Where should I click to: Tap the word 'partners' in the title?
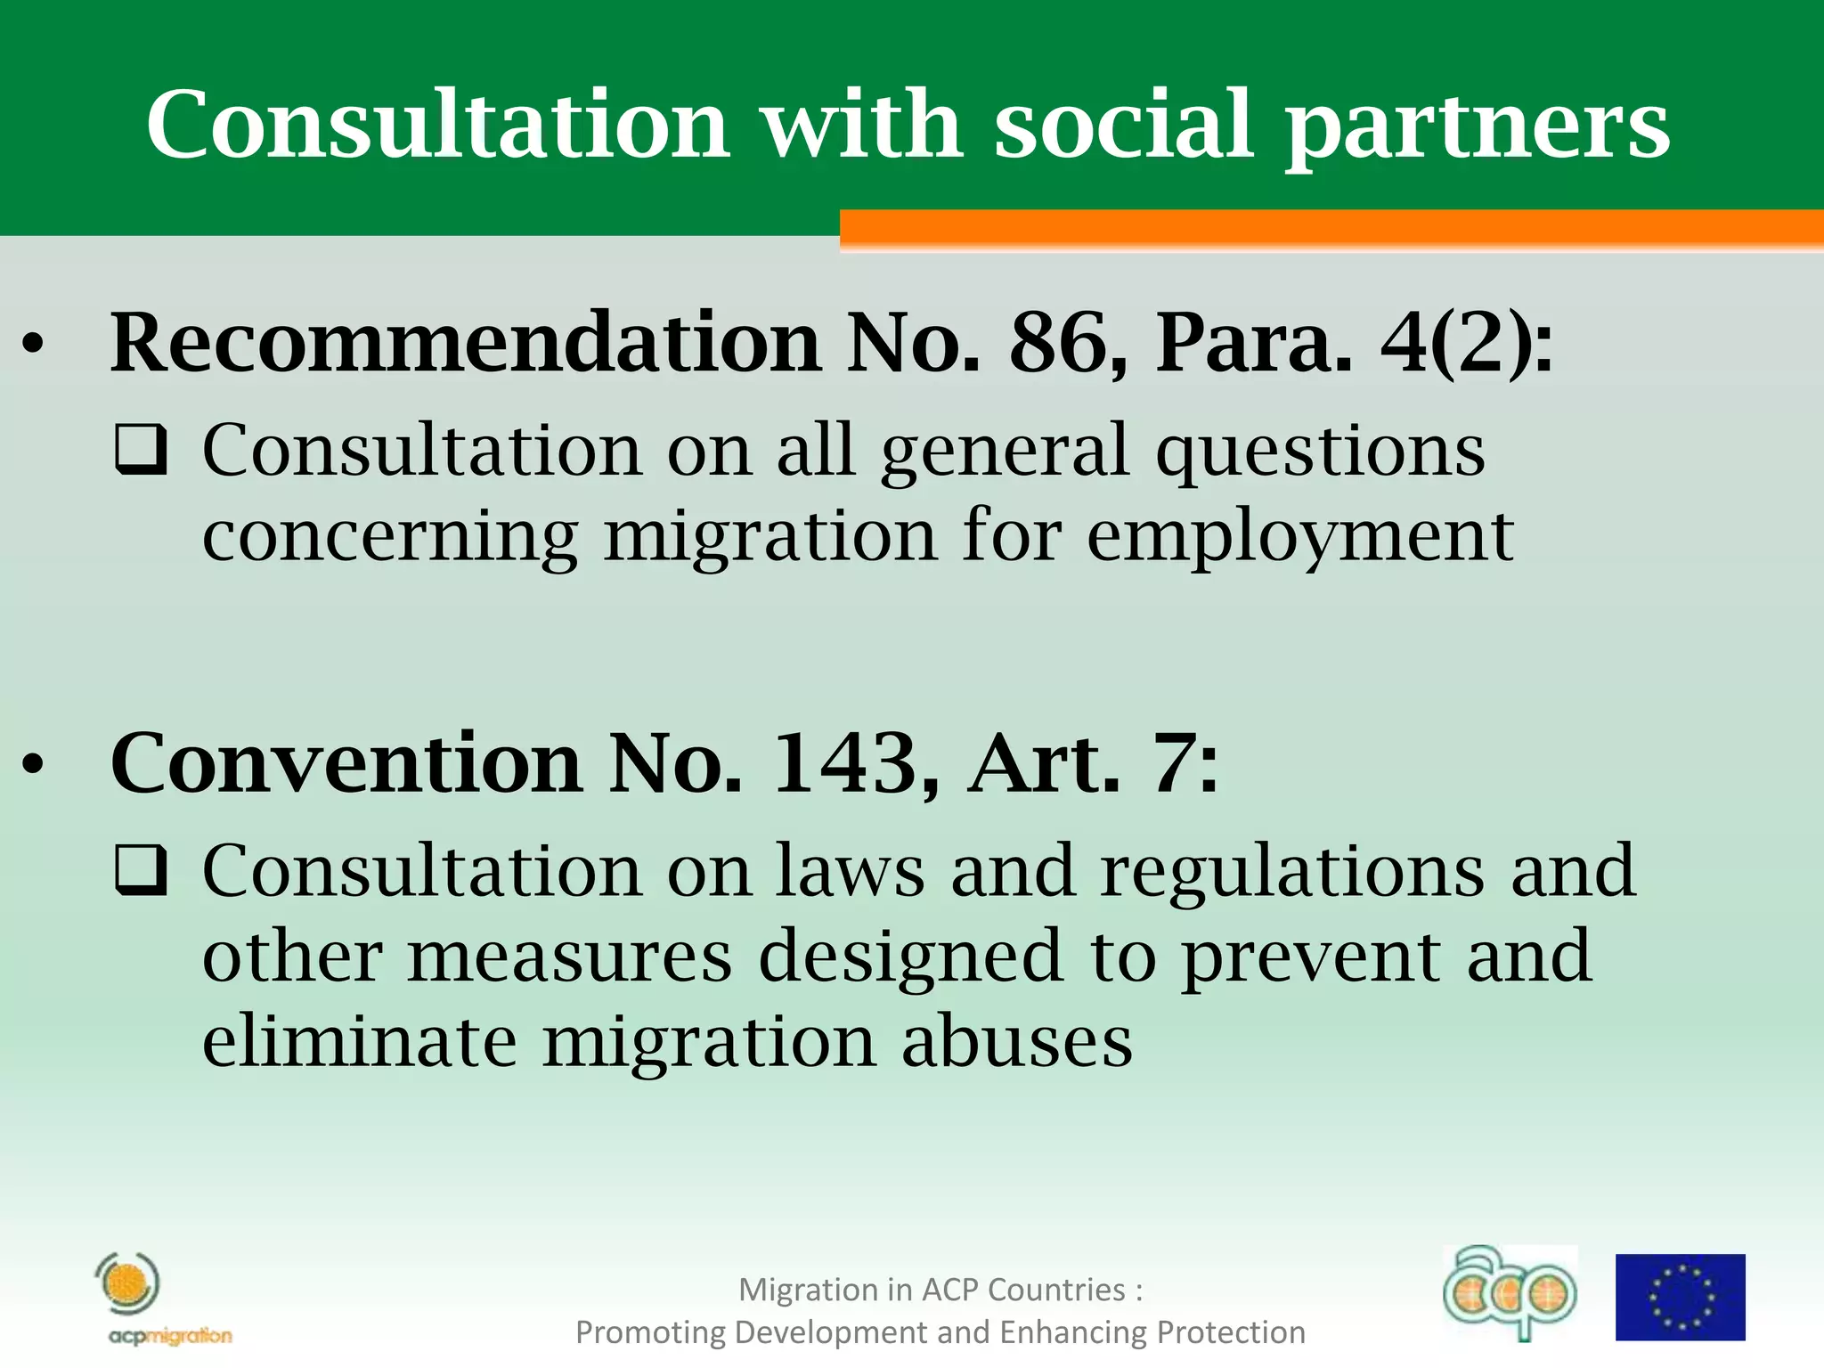click(1478, 126)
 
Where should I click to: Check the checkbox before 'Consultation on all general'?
click(141, 450)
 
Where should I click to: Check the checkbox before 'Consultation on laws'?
click(141, 870)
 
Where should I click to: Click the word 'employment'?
click(1299, 537)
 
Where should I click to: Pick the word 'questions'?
click(1321, 452)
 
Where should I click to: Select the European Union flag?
click(1681, 1296)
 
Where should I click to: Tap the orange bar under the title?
click(1331, 229)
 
